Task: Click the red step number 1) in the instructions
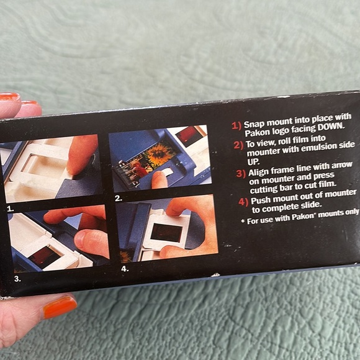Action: [x=236, y=126]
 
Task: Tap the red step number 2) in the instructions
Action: [x=238, y=145]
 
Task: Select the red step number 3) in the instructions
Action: [x=241, y=174]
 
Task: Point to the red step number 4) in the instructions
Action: [x=243, y=202]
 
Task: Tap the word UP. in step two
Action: [x=253, y=162]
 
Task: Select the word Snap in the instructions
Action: [x=254, y=124]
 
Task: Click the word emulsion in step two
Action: [x=318, y=148]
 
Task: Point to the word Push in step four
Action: [x=259, y=200]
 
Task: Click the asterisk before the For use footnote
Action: [x=243, y=221]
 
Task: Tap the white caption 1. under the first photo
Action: [x=11, y=209]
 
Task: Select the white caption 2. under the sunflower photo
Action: [x=119, y=199]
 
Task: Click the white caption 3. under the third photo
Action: [x=17, y=279]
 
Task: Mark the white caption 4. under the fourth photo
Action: [x=125, y=269]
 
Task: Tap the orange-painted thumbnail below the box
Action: [x=60, y=307]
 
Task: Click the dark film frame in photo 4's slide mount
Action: [x=166, y=233]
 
